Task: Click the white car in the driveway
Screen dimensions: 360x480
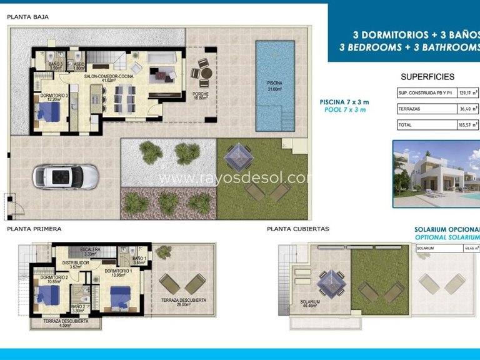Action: click(66, 176)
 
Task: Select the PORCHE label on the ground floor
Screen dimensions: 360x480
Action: click(200, 95)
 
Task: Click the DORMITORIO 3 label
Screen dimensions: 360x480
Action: click(49, 96)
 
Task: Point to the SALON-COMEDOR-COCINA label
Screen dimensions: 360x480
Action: click(109, 76)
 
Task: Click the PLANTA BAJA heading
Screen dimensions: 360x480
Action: click(28, 17)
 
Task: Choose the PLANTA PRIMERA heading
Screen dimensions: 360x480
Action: click(34, 229)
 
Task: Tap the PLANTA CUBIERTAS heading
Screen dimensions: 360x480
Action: click(297, 229)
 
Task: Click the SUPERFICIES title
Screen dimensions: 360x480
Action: click(427, 77)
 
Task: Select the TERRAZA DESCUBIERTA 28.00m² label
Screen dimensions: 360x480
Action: click(184, 302)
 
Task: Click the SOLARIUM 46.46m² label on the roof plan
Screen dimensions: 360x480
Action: click(310, 304)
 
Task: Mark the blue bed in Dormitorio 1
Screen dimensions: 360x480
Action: click(119, 296)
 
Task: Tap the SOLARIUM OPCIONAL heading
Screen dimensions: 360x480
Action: click(446, 230)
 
